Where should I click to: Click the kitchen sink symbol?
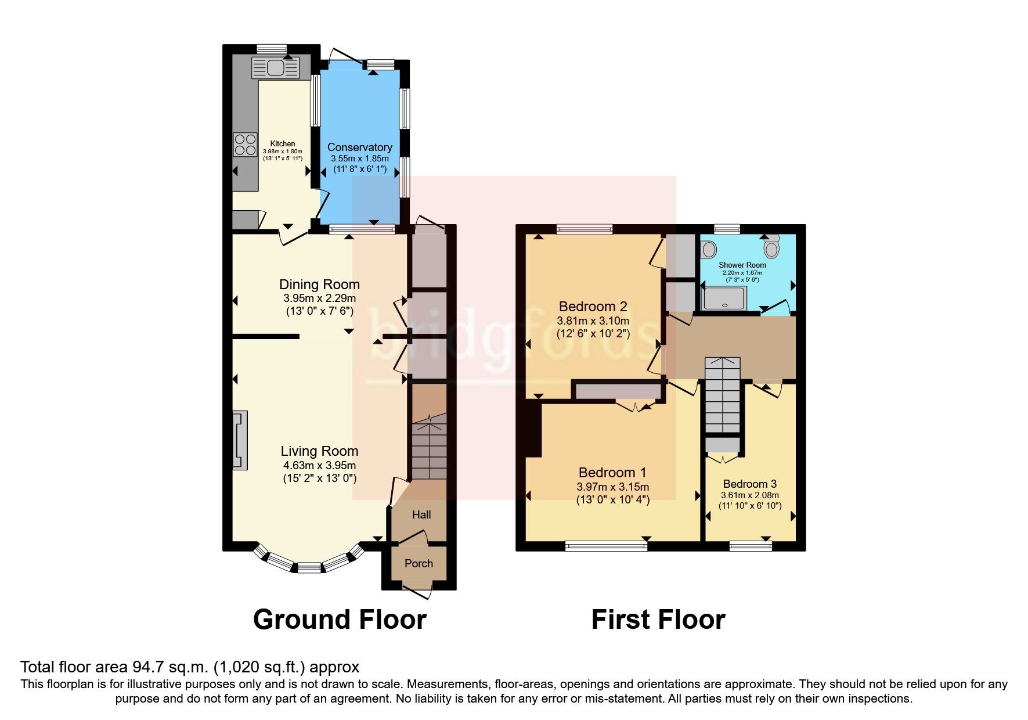(275, 67)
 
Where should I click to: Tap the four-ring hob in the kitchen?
(245, 145)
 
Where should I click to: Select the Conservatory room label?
(359, 147)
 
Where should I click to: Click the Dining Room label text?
(319, 285)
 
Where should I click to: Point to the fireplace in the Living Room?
(240, 440)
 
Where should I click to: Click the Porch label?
(419, 563)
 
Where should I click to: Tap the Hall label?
(421, 514)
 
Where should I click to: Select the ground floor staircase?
(428, 450)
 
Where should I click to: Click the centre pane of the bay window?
(309, 567)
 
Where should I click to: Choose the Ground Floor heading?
(340, 620)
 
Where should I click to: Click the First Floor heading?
(658, 620)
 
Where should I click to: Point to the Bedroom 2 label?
(593, 306)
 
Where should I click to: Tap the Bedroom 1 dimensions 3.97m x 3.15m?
(612, 487)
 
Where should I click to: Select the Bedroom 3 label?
(749, 484)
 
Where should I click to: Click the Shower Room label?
(742, 265)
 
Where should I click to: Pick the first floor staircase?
(723, 395)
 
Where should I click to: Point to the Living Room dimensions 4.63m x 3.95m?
(319, 465)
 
